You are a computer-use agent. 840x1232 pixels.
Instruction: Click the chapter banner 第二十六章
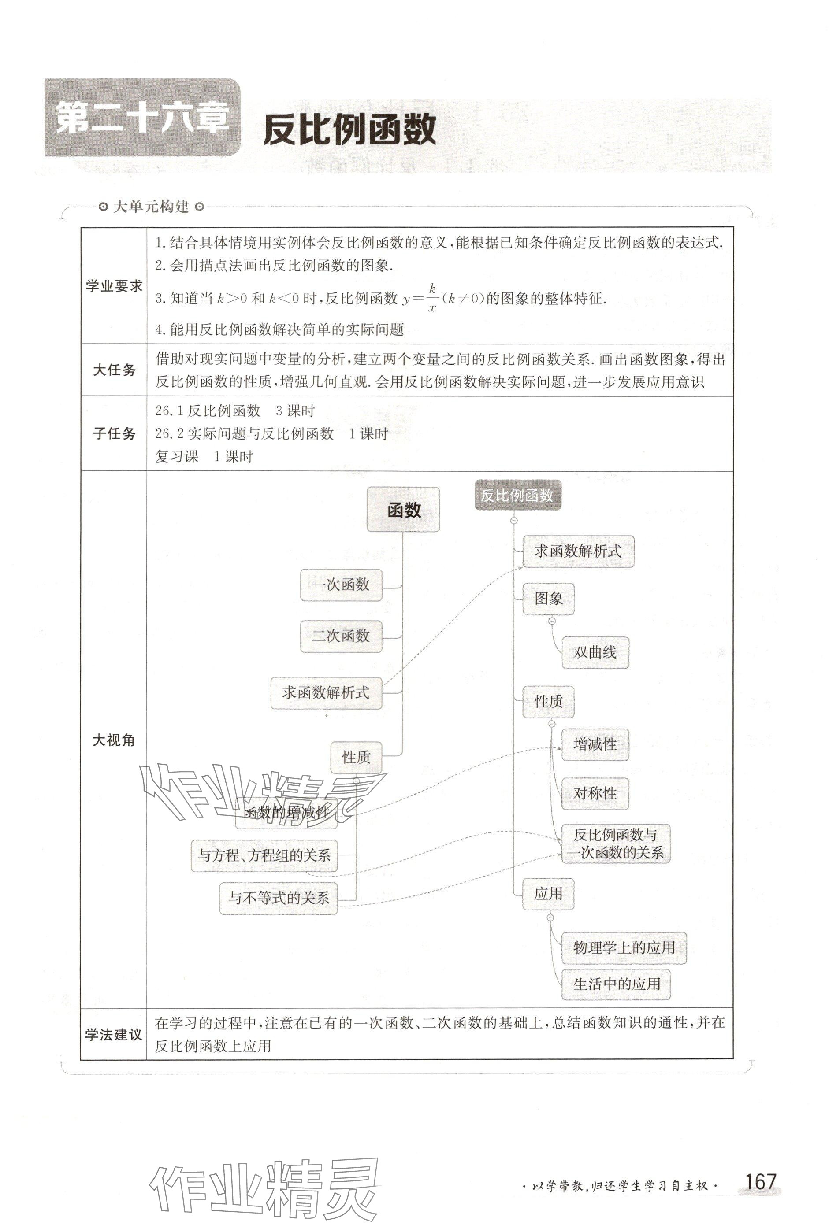pyautogui.click(x=142, y=118)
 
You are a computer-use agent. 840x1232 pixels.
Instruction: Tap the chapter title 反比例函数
pyautogui.click(x=349, y=130)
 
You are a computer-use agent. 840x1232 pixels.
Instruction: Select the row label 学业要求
pyautogui.click(x=114, y=286)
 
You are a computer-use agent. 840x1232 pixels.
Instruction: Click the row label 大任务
pyautogui.click(x=114, y=370)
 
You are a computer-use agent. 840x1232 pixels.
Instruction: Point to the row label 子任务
pyautogui.click(x=114, y=433)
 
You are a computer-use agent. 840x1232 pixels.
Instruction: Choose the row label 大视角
pyautogui.click(x=114, y=740)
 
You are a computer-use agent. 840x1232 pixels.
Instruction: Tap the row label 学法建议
pyautogui.click(x=114, y=1034)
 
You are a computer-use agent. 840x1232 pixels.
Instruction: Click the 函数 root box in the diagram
pyautogui.click(x=403, y=510)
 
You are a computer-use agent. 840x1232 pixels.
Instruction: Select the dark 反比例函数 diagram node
pyautogui.click(x=517, y=496)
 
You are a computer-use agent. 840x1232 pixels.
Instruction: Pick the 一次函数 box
pyautogui.click(x=341, y=585)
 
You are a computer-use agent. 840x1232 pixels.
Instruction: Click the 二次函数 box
pyautogui.click(x=341, y=636)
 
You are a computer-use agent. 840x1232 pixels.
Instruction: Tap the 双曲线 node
pyautogui.click(x=595, y=653)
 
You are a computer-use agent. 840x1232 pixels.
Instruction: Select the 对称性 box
pyautogui.click(x=595, y=794)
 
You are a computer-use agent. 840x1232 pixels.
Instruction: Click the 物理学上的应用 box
pyautogui.click(x=624, y=947)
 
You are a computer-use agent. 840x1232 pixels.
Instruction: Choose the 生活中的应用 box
pyautogui.click(x=616, y=984)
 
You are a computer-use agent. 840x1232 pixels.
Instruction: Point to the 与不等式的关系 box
pyautogui.click(x=279, y=898)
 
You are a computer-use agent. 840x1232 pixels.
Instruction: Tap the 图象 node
pyautogui.click(x=548, y=599)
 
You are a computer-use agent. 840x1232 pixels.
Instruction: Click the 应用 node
pyautogui.click(x=548, y=894)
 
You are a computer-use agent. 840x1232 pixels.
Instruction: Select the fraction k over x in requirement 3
pyautogui.click(x=432, y=298)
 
